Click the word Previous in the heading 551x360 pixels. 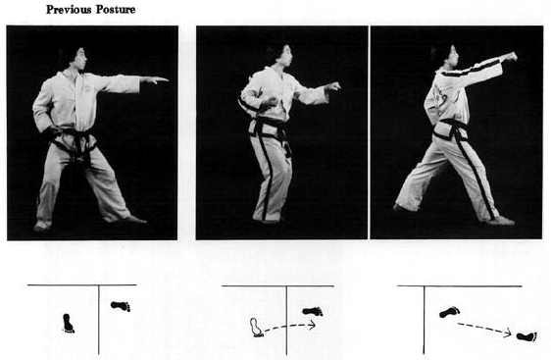[69, 10]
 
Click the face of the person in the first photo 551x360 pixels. [81, 59]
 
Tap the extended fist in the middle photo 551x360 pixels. [332, 86]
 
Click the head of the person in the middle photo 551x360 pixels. [280, 55]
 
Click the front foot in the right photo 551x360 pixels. [501, 221]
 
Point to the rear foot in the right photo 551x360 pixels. [402, 208]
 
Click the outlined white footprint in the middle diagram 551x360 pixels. [256, 328]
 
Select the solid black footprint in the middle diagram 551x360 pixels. [313, 311]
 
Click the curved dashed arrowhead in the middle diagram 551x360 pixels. [312, 326]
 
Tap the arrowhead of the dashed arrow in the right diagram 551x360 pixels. [508, 333]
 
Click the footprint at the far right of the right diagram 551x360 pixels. [526, 336]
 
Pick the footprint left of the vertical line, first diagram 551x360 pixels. [69, 324]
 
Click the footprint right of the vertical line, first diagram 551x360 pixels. [121, 306]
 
